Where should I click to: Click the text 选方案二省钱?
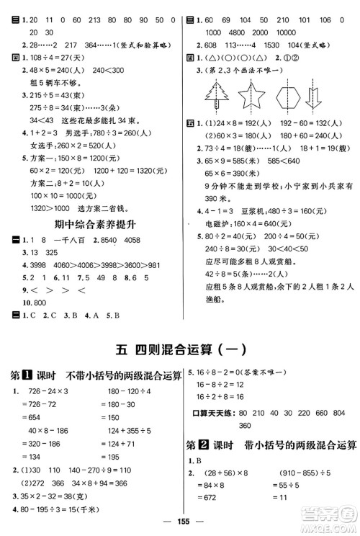click(x=105, y=206)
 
